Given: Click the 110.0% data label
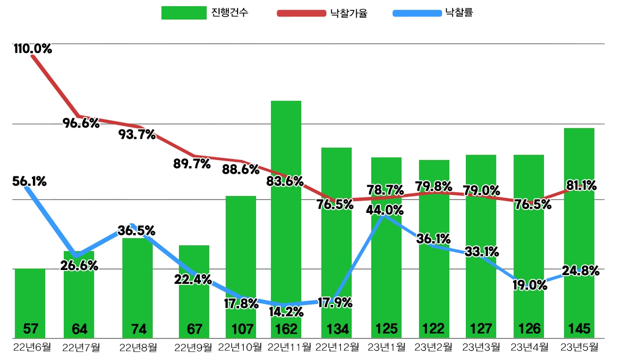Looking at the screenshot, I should (x=33, y=49).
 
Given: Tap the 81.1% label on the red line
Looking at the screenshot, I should (x=580, y=186).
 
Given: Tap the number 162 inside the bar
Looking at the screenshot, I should (x=286, y=328).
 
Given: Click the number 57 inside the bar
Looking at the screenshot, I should (x=30, y=328).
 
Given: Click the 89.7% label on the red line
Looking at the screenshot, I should (x=192, y=164).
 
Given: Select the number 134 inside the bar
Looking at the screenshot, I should (x=336, y=328).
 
